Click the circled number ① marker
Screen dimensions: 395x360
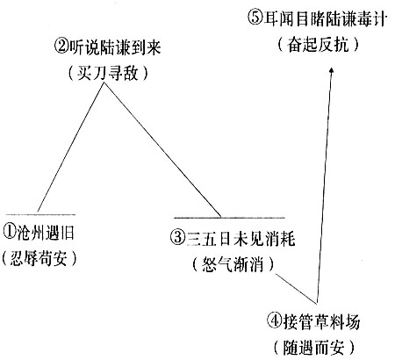pos(9,234)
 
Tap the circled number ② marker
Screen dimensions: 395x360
pos(61,47)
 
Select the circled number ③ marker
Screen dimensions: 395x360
pos(176,238)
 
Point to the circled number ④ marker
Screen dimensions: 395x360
pos(274,321)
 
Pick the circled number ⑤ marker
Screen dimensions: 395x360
pos(255,18)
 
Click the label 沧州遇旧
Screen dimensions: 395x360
pos(46,234)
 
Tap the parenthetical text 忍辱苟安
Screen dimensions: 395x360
pos(39,258)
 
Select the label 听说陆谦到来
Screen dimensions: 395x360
pos(115,47)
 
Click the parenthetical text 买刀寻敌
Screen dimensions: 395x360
pos(108,72)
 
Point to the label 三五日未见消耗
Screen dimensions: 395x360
pos(241,238)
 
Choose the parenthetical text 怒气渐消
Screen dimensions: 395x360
pos(233,264)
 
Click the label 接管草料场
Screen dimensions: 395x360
pos(320,321)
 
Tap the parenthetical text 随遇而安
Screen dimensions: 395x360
pos(314,348)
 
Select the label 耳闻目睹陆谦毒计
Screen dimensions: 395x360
pos(325,18)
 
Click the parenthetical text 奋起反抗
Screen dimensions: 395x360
pos(319,45)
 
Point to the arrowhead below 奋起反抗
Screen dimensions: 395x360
pos(331,71)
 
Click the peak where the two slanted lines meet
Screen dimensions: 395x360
pos(104,83)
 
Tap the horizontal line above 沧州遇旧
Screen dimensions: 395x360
pos(40,214)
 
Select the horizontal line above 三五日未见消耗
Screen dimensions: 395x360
pos(229,218)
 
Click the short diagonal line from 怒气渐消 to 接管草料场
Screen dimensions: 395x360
pos(297,289)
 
